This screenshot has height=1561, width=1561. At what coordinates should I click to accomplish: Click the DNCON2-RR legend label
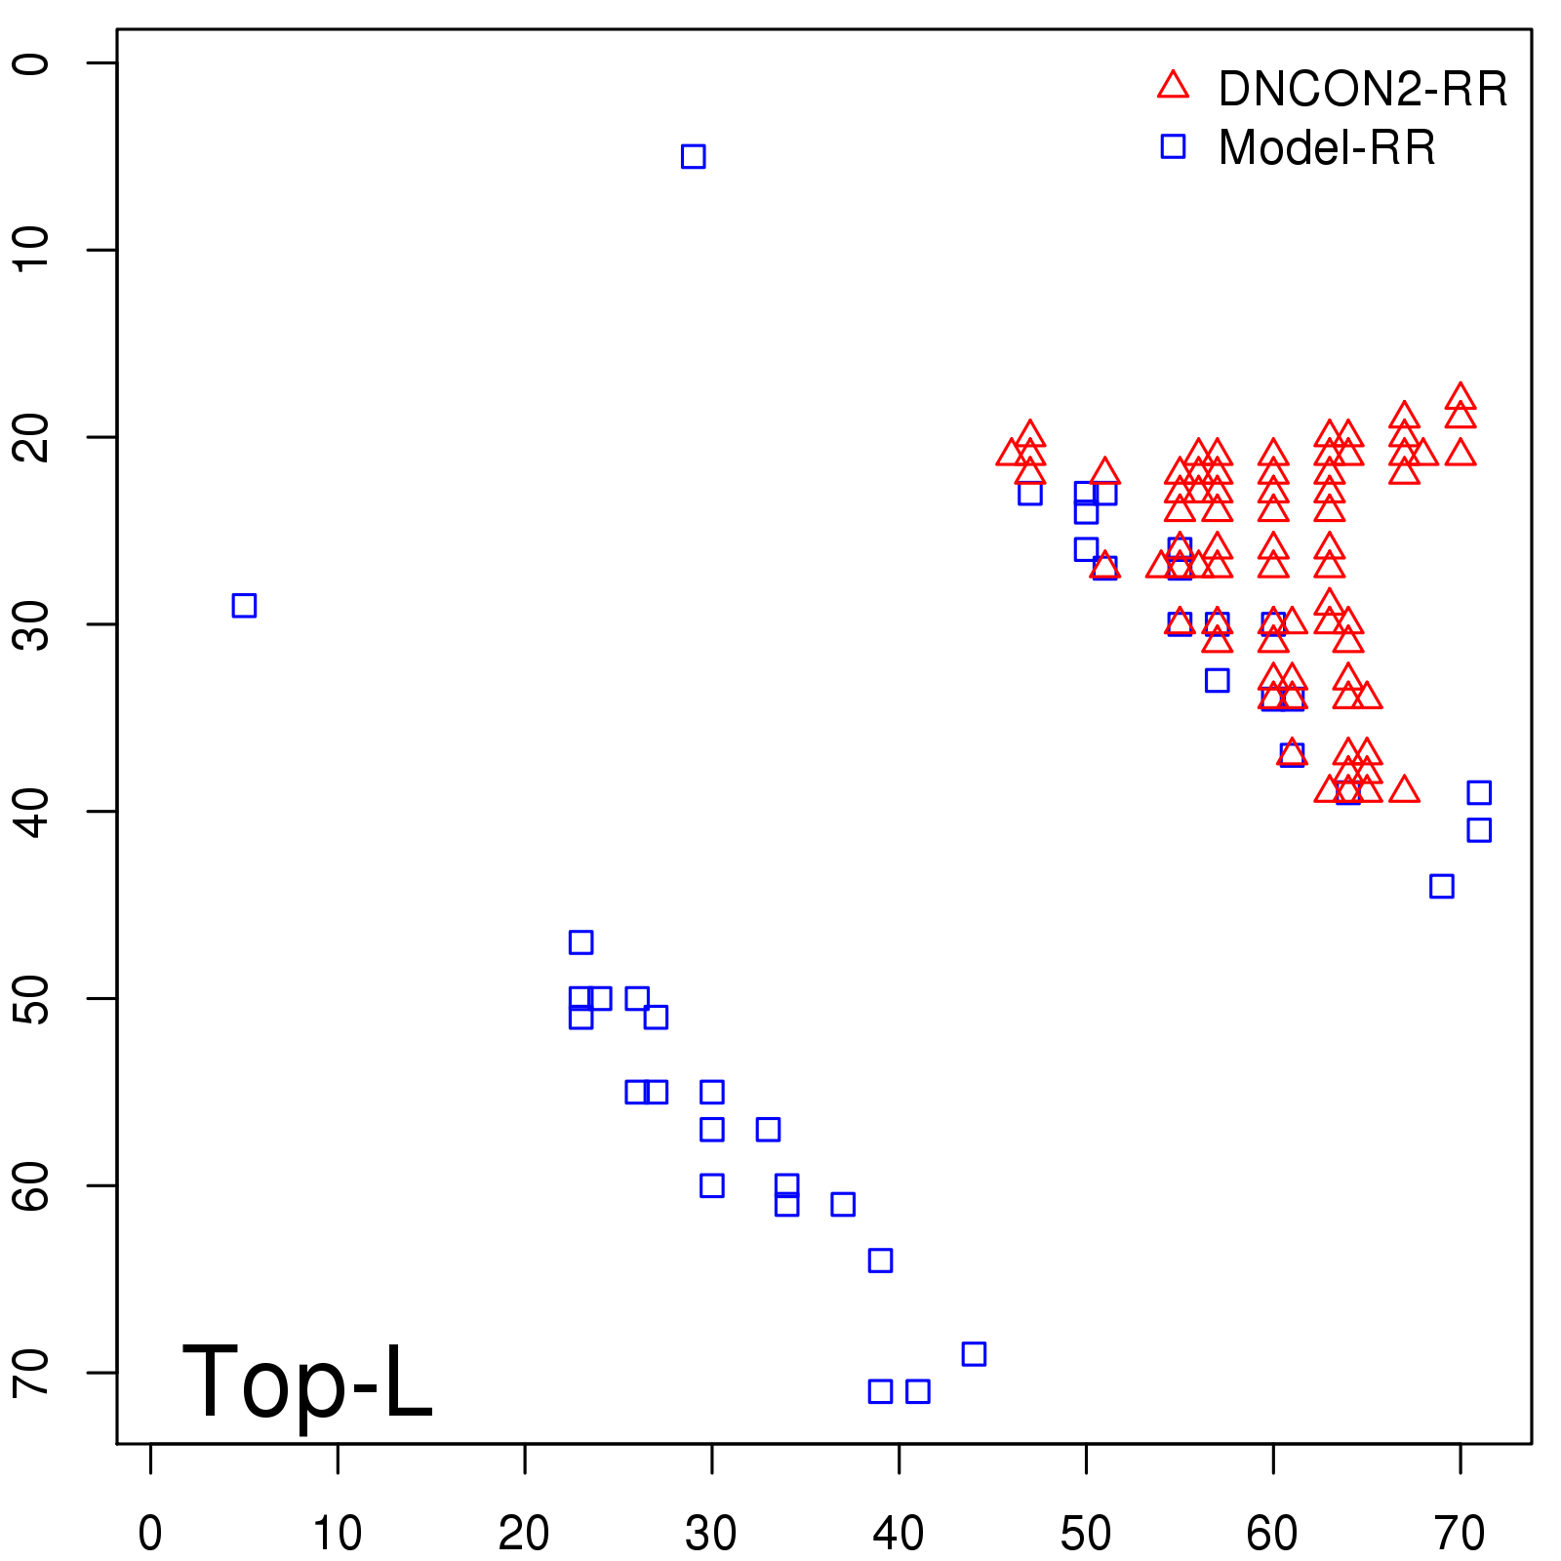click(1362, 90)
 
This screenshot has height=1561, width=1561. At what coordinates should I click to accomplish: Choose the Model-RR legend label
click(1326, 148)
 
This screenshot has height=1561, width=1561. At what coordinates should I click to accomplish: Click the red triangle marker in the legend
click(1173, 86)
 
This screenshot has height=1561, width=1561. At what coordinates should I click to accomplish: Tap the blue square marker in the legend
click(1173, 146)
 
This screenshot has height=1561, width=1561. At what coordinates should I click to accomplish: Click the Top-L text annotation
click(306, 1382)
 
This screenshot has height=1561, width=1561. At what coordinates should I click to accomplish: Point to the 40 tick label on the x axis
click(899, 1535)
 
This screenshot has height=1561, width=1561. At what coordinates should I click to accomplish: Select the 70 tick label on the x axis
click(1460, 1535)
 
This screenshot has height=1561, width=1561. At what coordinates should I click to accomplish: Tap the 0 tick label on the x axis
click(150, 1535)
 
